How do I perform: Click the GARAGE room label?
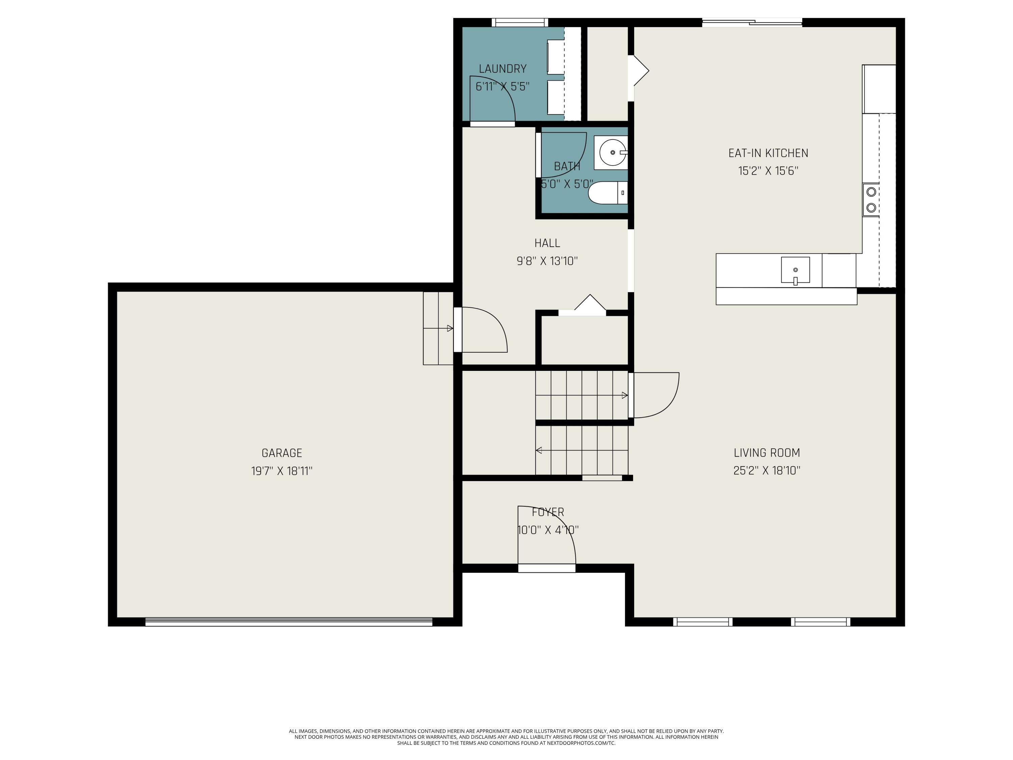(x=282, y=453)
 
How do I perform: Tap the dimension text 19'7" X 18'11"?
(x=282, y=471)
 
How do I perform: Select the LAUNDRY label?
(x=502, y=69)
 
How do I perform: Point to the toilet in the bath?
(x=607, y=193)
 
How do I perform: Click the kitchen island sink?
(x=795, y=270)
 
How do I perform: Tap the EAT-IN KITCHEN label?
(x=768, y=153)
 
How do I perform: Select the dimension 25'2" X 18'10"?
(x=767, y=471)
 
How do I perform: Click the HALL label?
(x=547, y=243)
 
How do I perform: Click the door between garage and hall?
(x=481, y=330)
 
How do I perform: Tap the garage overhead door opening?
(x=288, y=622)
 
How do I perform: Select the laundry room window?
(x=519, y=22)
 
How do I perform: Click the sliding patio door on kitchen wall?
(x=752, y=22)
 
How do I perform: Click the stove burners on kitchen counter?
(x=871, y=200)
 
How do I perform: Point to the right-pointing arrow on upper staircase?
(x=624, y=395)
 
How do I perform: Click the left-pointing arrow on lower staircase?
(x=539, y=450)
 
